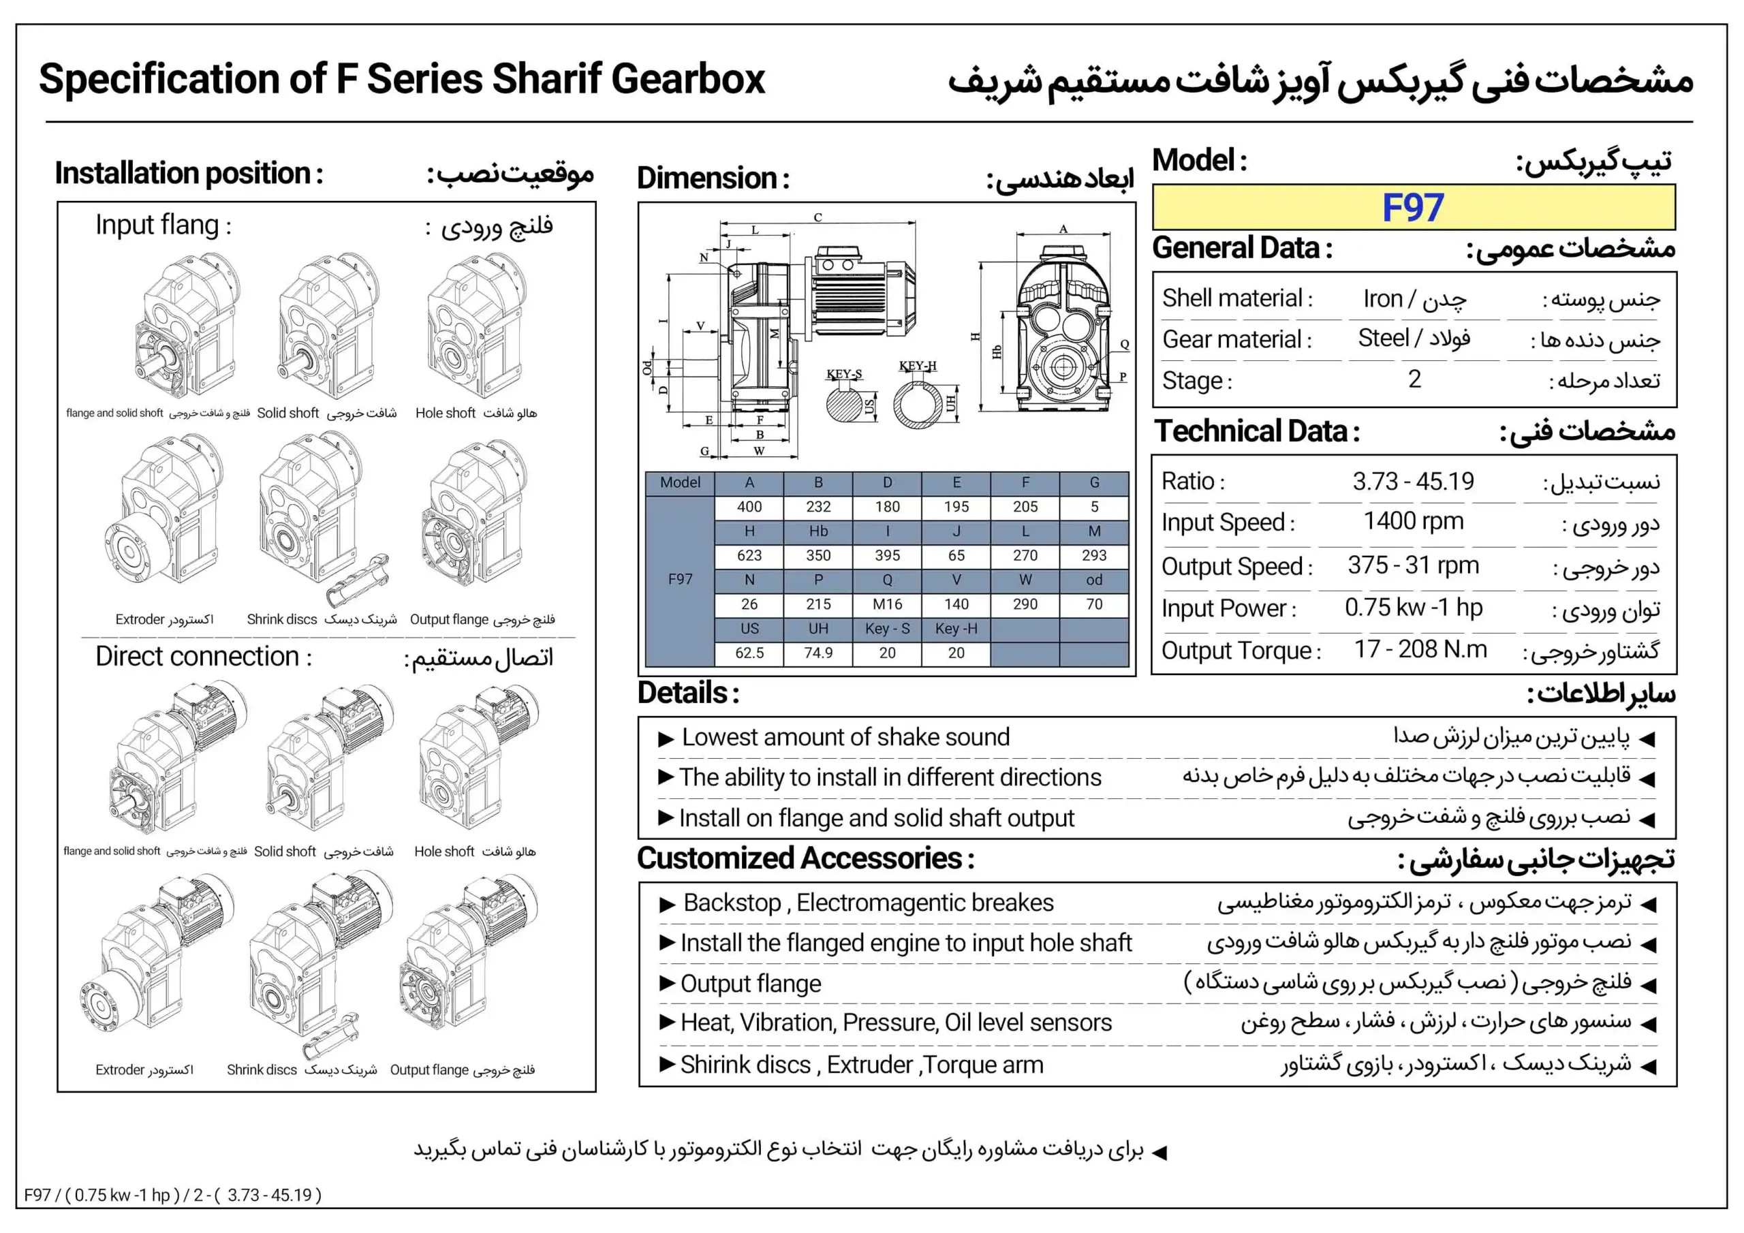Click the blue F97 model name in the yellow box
coord(1412,207)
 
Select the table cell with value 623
coord(749,555)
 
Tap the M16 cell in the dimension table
coord(887,604)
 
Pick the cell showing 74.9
coord(818,653)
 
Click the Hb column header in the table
coord(818,531)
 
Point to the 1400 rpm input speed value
coord(1413,521)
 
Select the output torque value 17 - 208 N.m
coord(1420,650)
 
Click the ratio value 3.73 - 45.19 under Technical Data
coord(1413,481)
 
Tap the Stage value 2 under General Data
coord(1414,378)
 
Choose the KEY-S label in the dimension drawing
coord(844,374)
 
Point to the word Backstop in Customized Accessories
coord(732,903)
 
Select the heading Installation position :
coord(189,173)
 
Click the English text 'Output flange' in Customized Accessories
coord(751,983)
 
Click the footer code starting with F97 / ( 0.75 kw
coord(173,1195)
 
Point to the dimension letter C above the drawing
coord(817,217)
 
